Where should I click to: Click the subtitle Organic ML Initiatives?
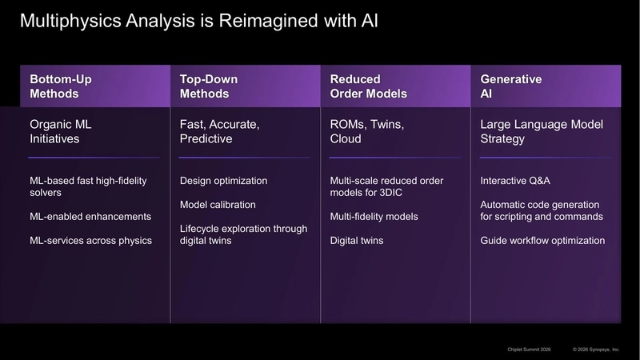tap(62, 131)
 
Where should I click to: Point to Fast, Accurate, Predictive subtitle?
tap(220, 131)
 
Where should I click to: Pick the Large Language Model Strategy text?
tap(541, 131)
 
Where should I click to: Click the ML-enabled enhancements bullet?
tap(90, 217)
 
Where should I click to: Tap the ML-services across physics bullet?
tap(90, 241)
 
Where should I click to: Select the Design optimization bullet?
tap(224, 181)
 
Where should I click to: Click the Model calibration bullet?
tap(217, 205)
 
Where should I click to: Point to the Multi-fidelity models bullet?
tap(374, 217)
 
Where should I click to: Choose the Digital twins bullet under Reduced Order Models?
tap(357, 241)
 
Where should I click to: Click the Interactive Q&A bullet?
tap(516, 181)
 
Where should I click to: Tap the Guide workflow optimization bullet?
tap(542, 241)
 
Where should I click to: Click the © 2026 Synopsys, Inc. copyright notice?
tap(597, 350)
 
